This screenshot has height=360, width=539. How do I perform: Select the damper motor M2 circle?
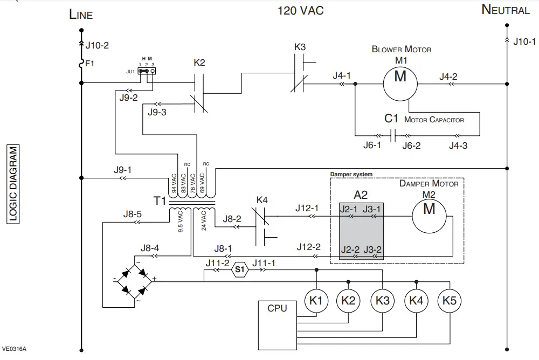click(x=430, y=209)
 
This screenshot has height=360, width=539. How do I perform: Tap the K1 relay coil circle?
click(x=316, y=300)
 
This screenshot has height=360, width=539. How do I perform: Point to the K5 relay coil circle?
click(x=449, y=300)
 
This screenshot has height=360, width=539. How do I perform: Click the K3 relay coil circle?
click(x=382, y=300)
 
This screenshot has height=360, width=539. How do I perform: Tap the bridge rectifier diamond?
click(x=134, y=279)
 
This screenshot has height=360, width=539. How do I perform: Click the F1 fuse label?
click(x=90, y=64)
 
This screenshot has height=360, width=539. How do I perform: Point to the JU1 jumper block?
click(x=146, y=70)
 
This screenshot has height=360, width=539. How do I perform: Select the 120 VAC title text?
click(x=301, y=10)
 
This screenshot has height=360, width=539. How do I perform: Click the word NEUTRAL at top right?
click(x=505, y=10)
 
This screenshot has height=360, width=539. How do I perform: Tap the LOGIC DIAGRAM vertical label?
click(x=13, y=184)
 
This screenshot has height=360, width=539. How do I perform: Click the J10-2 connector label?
click(x=98, y=45)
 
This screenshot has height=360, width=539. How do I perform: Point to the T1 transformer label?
click(x=160, y=201)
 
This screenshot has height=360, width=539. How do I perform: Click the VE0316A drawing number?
click(x=14, y=349)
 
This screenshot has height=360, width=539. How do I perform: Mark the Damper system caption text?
click(x=351, y=175)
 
